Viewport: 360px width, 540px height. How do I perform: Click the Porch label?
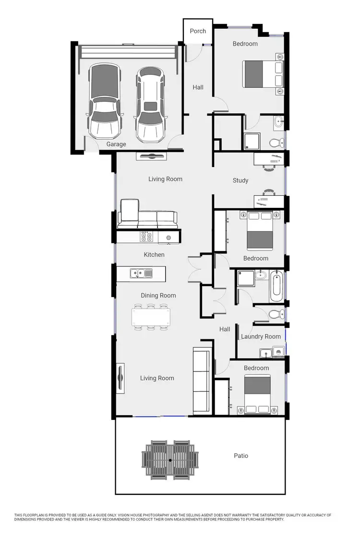(x=198, y=31)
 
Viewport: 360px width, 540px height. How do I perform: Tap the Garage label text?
(x=116, y=144)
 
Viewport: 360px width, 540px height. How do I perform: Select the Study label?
(x=240, y=180)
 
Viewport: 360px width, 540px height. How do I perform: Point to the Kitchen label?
(x=154, y=254)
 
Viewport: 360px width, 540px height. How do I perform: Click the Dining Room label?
(x=158, y=296)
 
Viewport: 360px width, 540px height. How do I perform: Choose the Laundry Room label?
(x=261, y=336)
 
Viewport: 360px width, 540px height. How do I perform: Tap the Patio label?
(x=241, y=456)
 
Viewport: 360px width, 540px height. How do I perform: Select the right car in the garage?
(x=150, y=104)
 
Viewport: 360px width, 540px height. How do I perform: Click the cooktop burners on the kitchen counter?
(x=146, y=237)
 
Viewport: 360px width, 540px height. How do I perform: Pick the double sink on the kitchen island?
(x=141, y=274)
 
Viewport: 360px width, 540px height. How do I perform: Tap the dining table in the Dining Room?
(x=151, y=317)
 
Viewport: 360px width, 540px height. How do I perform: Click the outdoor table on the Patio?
(x=170, y=460)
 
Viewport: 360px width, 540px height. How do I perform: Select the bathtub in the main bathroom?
(x=277, y=287)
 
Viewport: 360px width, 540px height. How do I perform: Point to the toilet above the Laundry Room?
(x=275, y=314)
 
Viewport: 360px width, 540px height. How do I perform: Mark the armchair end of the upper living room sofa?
(x=128, y=213)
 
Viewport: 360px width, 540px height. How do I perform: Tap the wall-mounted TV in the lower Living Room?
(x=120, y=378)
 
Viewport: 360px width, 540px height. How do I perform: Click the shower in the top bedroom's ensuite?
(x=251, y=141)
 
